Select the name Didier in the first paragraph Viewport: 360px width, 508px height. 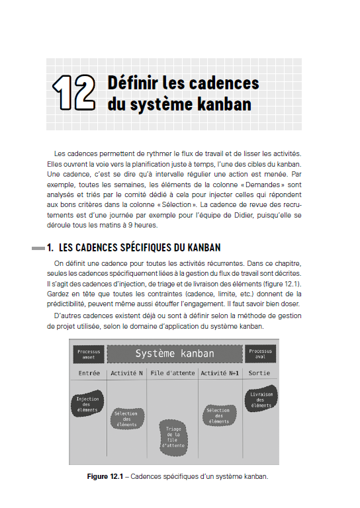[x=257, y=216]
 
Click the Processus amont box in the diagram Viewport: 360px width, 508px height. [x=88, y=354]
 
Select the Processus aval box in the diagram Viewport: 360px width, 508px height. [x=260, y=354]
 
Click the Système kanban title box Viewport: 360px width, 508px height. [x=175, y=354]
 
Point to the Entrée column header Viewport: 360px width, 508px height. [x=89, y=373]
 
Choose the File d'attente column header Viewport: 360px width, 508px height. [x=172, y=373]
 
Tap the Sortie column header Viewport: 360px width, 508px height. [x=259, y=373]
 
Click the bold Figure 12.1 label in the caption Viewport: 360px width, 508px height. [x=108, y=476]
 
